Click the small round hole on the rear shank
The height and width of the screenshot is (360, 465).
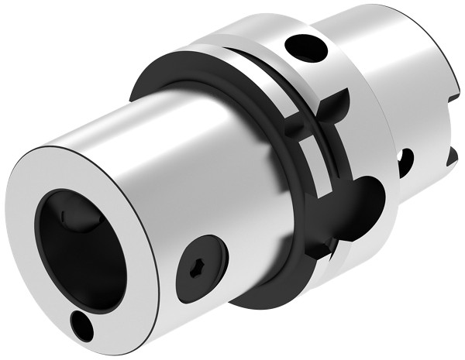pyautogui.click(x=404, y=161)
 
